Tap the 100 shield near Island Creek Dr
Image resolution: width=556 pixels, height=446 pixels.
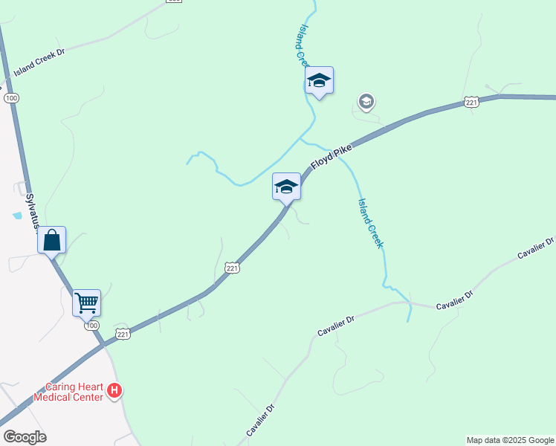point(10,97)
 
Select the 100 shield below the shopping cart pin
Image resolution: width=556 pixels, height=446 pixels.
point(91,326)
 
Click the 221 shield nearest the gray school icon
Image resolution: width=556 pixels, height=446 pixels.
point(471,103)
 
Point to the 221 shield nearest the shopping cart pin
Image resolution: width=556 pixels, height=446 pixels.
point(123,334)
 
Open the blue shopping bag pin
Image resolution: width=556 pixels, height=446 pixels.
point(51,240)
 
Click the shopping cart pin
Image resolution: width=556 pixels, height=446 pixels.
point(86,303)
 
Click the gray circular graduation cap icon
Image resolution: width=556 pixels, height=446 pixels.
point(366,101)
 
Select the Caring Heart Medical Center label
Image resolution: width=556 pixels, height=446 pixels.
point(74,392)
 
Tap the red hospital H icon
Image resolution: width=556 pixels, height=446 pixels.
point(114,390)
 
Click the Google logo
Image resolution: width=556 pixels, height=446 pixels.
point(25,437)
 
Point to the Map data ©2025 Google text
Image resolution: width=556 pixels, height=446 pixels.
point(510,440)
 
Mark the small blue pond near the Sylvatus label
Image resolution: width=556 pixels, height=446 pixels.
point(16,216)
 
